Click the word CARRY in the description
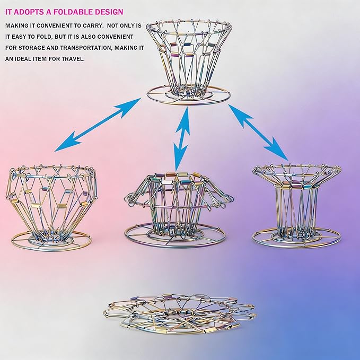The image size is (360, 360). coord(92,25)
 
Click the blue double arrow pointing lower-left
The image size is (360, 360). coord(98,125)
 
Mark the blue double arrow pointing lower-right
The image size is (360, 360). coord(258,132)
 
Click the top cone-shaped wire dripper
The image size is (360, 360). coord(189,62)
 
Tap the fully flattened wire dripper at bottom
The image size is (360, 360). coord(180,313)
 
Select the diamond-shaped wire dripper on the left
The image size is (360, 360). coord(51,207)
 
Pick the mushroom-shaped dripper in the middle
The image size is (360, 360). coord(178,209)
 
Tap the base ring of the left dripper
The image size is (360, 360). coord(51,250)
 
